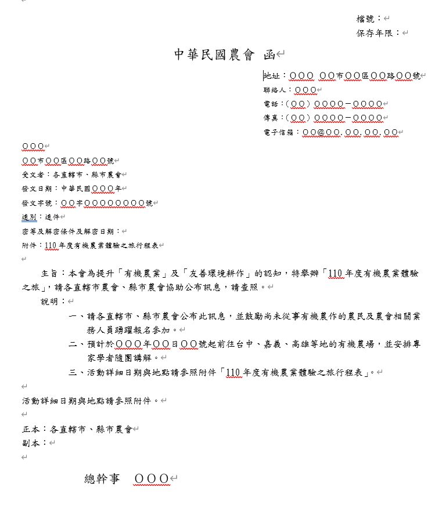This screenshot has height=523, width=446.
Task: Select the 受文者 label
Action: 33,174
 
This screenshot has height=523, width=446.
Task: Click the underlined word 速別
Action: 29,217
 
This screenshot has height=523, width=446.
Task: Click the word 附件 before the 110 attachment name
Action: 29,245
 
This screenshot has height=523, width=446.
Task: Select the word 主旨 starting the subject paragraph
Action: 49,273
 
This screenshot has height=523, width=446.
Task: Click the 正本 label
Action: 31,429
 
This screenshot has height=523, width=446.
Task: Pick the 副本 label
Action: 31,443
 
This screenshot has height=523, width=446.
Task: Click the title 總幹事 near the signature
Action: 102,478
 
